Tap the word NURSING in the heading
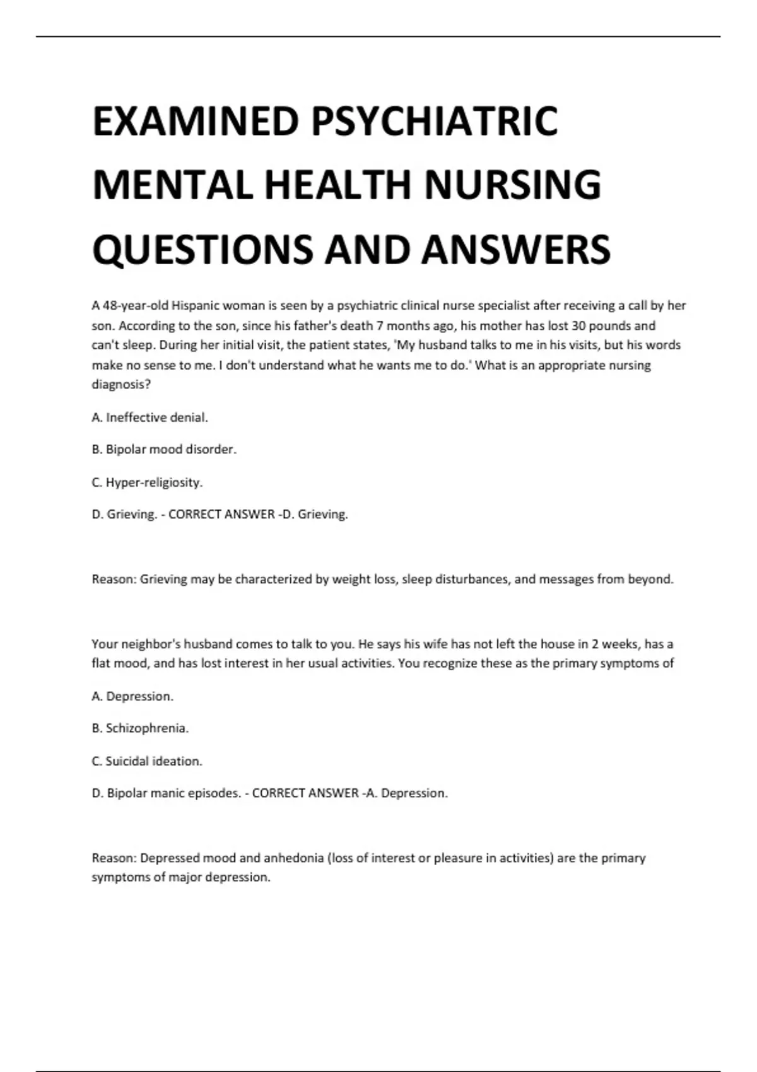click(x=512, y=185)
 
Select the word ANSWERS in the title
click(x=515, y=249)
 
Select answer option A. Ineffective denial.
click(x=150, y=417)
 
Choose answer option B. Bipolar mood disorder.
click(x=164, y=450)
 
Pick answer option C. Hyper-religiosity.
click(x=148, y=482)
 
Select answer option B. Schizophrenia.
click(x=140, y=728)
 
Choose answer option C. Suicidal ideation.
click(x=147, y=761)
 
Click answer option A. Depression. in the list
click(x=132, y=696)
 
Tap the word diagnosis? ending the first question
click(x=121, y=385)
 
